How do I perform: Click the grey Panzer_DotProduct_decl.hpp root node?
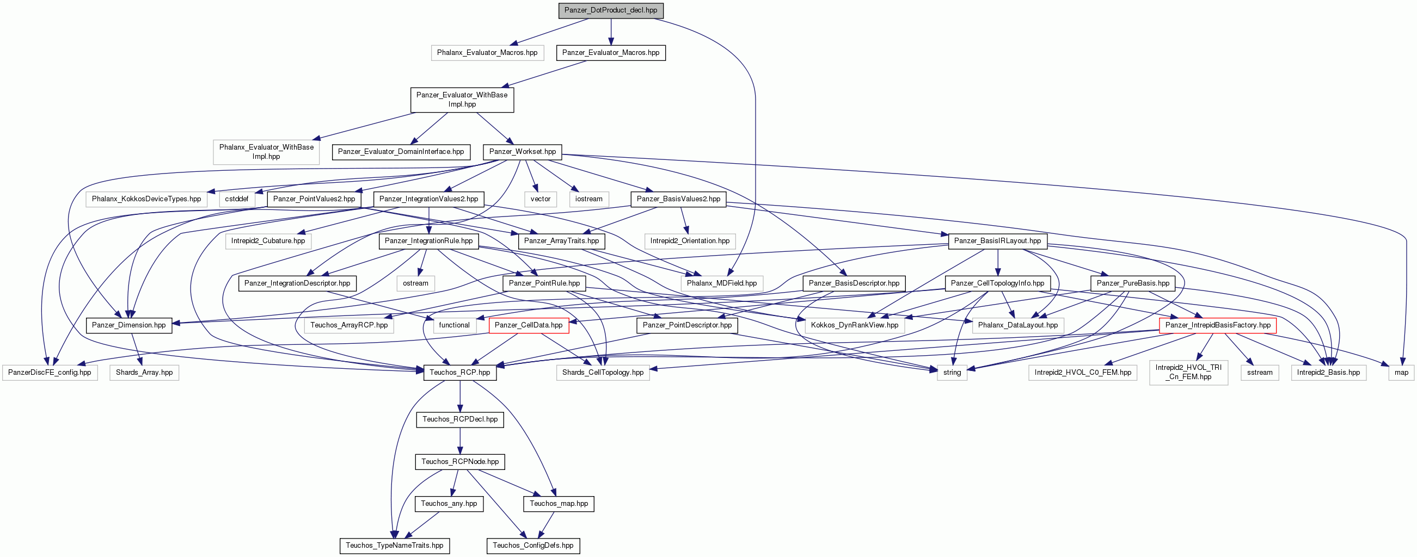(x=611, y=10)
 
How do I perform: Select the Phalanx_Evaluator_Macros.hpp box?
(x=487, y=53)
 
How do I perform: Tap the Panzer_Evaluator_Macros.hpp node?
(x=611, y=53)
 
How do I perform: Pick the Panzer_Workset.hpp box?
(x=523, y=152)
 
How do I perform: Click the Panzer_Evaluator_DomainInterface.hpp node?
(x=401, y=152)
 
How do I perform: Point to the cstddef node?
(x=237, y=199)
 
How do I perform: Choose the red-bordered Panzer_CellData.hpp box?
(x=529, y=325)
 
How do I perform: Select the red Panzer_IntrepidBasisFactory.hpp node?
(x=1218, y=325)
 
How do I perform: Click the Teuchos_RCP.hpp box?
(x=460, y=373)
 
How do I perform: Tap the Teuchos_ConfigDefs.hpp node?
(x=533, y=546)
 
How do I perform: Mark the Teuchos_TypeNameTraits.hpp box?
(x=395, y=546)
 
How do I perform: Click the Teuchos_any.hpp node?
(x=449, y=504)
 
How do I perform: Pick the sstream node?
(x=1260, y=373)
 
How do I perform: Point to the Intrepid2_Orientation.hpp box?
(x=690, y=241)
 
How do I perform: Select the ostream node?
(x=415, y=283)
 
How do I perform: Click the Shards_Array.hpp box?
(x=144, y=373)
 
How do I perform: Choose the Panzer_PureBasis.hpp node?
(x=1133, y=283)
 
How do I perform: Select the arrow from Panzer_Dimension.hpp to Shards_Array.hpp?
(x=138, y=349)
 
